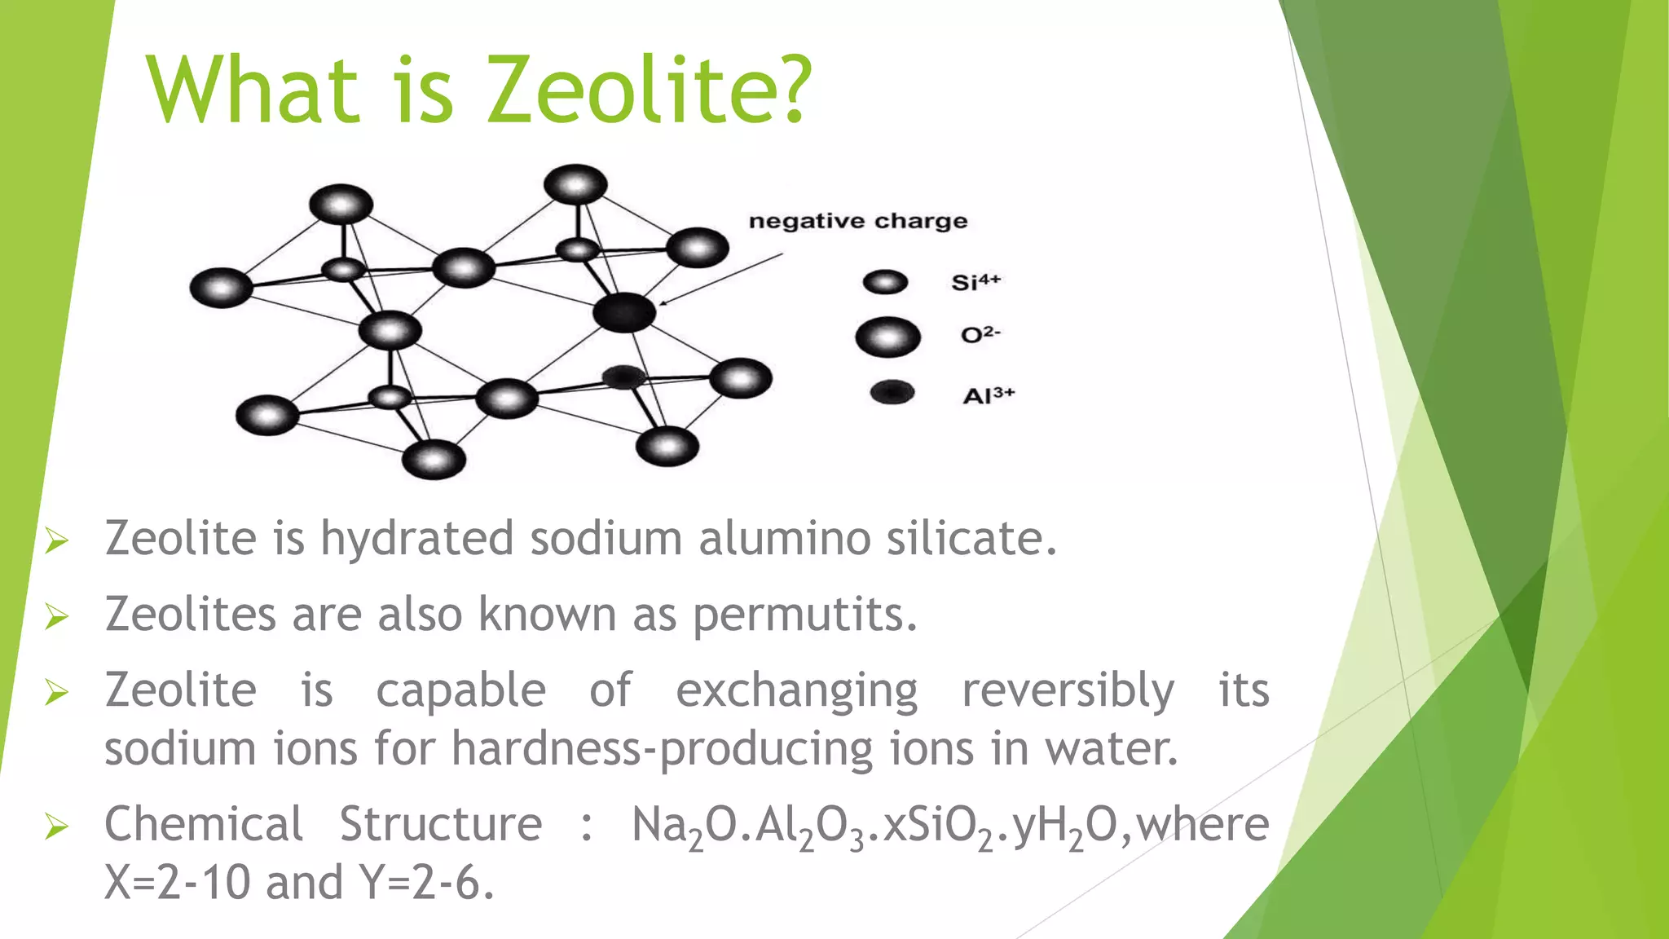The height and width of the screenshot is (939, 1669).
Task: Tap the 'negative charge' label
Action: click(x=857, y=221)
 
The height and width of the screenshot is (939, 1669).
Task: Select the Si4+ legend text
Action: click(x=975, y=282)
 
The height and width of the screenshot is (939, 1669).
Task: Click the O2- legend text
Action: click(x=980, y=334)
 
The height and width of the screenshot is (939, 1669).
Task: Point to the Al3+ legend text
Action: click(x=989, y=395)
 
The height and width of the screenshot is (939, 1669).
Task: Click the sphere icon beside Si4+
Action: click(x=885, y=282)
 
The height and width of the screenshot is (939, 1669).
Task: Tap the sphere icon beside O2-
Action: click(x=887, y=337)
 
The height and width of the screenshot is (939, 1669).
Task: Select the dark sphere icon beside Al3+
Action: click(x=892, y=393)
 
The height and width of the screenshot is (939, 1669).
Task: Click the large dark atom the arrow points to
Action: click(x=624, y=312)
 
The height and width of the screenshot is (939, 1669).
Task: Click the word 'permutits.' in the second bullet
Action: click(x=805, y=615)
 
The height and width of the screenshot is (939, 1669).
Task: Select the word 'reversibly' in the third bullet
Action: click(x=1068, y=690)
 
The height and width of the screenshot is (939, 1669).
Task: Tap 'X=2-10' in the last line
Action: click(x=177, y=883)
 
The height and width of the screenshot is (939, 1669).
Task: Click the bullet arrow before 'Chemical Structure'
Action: click(x=56, y=827)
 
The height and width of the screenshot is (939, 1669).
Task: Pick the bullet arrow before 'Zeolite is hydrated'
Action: click(x=56, y=540)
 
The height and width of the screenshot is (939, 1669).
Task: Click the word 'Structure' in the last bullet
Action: click(x=440, y=824)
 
